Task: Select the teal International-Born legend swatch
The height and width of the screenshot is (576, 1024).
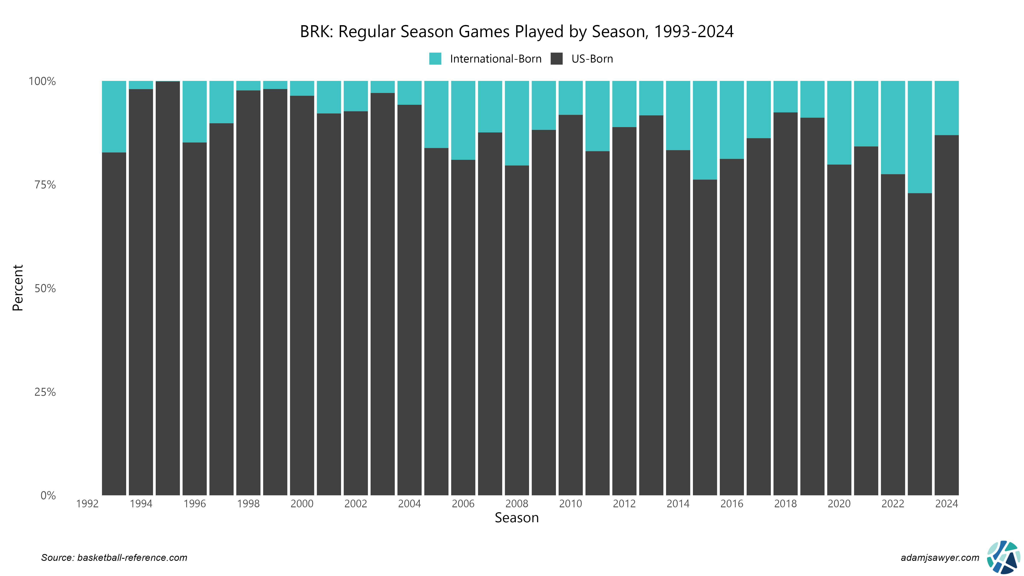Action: [x=435, y=59]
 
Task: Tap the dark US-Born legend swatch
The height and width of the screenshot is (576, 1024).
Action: [x=557, y=59]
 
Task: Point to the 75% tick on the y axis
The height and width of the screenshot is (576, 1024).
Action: [x=45, y=185]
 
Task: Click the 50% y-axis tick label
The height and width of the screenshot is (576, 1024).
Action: [x=45, y=289]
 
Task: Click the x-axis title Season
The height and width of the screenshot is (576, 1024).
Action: [x=516, y=518]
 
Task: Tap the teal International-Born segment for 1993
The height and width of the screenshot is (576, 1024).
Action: [x=114, y=116]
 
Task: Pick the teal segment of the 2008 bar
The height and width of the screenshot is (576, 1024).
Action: [x=517, y=123]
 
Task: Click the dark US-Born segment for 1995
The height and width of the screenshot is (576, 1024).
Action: [x=168, y=288]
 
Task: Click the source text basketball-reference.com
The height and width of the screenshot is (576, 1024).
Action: [x=114, y=558]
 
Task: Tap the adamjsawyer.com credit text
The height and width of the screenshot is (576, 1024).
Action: [x=940, y=558]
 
